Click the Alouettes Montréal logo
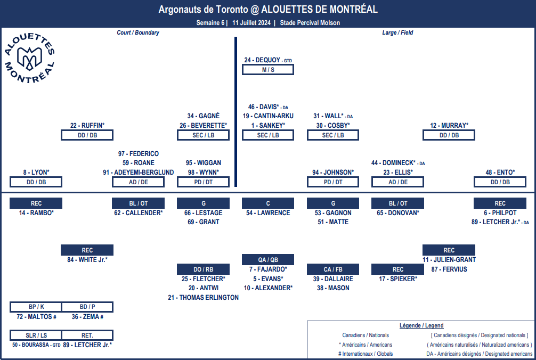tap(29, 58)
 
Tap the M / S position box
tap(268, 70)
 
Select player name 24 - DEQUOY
tap(262, 60)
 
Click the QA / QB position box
tap(268, 259)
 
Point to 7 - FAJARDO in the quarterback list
tap(268, 269)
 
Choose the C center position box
tap(268, 203)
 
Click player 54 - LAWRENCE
tap(268, 213)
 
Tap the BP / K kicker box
tap(36, 307)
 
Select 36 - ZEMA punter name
tap(87, 317)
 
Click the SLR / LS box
tap(36, 336)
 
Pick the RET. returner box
tap(87, 336)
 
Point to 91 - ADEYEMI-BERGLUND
tap(139, 173)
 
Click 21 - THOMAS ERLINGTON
tap(204, 298)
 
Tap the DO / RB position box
tap(204, 269)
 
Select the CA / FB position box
tap(333, 269)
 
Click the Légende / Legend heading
tap(421, 325)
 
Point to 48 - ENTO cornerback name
tap(500, 173)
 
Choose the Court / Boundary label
tap(138, 32)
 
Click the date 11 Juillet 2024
tap(251, 23)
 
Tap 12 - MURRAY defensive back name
tap(449, 125)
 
